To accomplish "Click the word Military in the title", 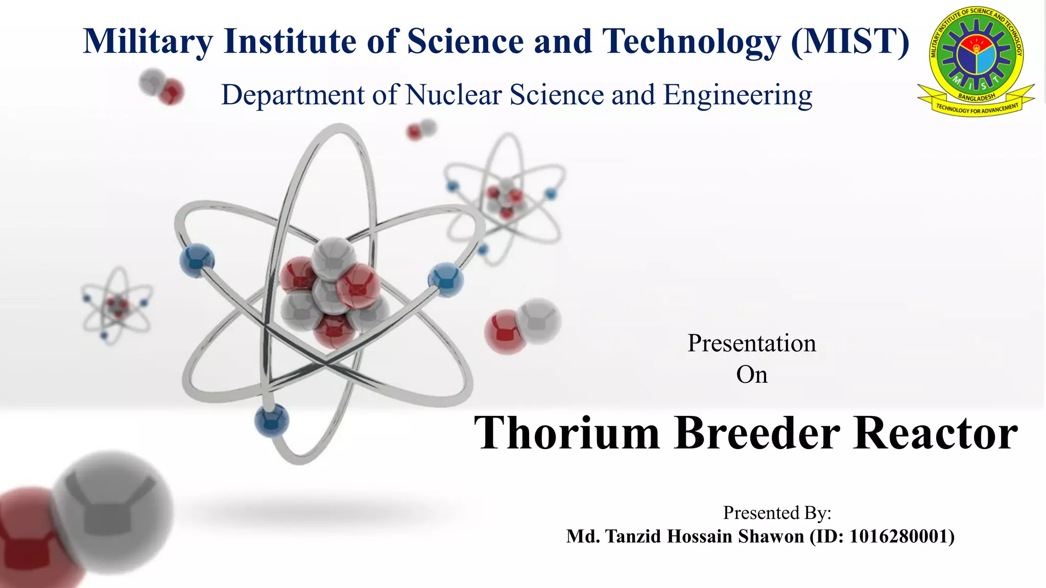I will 148,41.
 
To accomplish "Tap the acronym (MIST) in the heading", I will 850,41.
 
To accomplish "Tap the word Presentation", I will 751,343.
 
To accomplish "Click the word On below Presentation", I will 751,375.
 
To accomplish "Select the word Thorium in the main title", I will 567,433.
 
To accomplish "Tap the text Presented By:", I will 777,512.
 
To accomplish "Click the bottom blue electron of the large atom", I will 272,421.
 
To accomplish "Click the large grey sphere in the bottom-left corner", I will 113,510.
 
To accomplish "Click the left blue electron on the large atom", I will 197,260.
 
